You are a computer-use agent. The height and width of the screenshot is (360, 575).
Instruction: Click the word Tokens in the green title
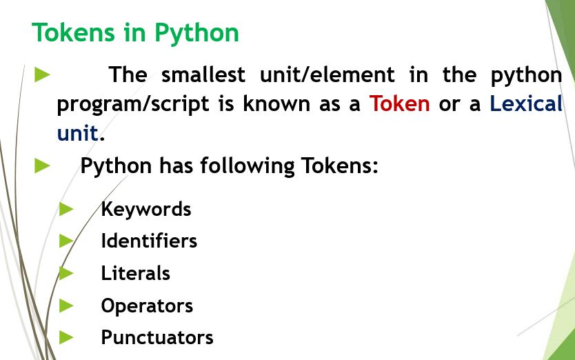[x=73, y=32]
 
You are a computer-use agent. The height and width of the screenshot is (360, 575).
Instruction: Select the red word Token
[x=399, y=103]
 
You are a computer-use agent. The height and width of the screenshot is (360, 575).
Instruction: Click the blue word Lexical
[x=526, y=103]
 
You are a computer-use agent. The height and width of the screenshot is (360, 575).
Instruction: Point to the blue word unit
[x=78, y=132]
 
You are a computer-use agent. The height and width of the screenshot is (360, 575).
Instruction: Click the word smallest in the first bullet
[x=203, y=74]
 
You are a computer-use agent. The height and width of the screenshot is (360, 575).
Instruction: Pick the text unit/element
[x=327, y=74]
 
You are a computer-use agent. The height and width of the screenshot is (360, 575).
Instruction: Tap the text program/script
[x=133, y=105]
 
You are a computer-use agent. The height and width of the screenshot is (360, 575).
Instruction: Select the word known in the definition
[x=276, y=103]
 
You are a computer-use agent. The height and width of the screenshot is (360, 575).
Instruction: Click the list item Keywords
[x=146, y=210]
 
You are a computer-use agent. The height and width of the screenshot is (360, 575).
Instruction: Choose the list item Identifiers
[x=149, y=241]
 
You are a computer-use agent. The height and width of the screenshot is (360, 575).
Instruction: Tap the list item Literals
[x=135, y=273]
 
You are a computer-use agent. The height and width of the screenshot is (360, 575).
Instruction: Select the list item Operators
[x=147, y=306]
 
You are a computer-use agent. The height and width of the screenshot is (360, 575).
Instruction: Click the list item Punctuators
[x=157, y=337]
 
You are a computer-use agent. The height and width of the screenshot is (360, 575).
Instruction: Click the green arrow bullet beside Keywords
[x=66, y=209]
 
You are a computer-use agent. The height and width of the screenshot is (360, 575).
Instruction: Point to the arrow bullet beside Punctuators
[x=66, y=337]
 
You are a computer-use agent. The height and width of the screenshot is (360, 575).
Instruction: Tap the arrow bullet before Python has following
[x=42, y=166]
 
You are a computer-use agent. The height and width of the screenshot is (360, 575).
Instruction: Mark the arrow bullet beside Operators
[x=66, y=306]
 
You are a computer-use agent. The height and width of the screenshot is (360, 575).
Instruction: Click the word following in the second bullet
[x=247, y=167]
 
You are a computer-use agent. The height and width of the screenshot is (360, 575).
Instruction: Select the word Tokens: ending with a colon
[x=339, y=166]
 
